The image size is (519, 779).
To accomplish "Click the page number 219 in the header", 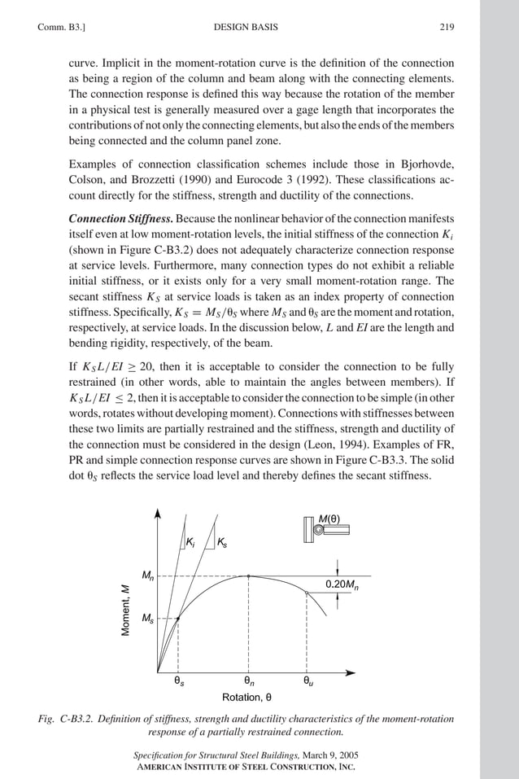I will (447, 27).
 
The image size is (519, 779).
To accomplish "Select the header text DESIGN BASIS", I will (245, 27).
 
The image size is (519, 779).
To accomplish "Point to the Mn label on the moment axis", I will (146, 576).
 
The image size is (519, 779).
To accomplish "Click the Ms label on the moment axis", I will (146, 619).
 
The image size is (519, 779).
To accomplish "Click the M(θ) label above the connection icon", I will (329, 518).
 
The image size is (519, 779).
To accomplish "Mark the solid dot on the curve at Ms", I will (178, 619).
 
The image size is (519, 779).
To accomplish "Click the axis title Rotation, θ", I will (246, 698).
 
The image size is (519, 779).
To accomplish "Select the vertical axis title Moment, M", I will (126, 611).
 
